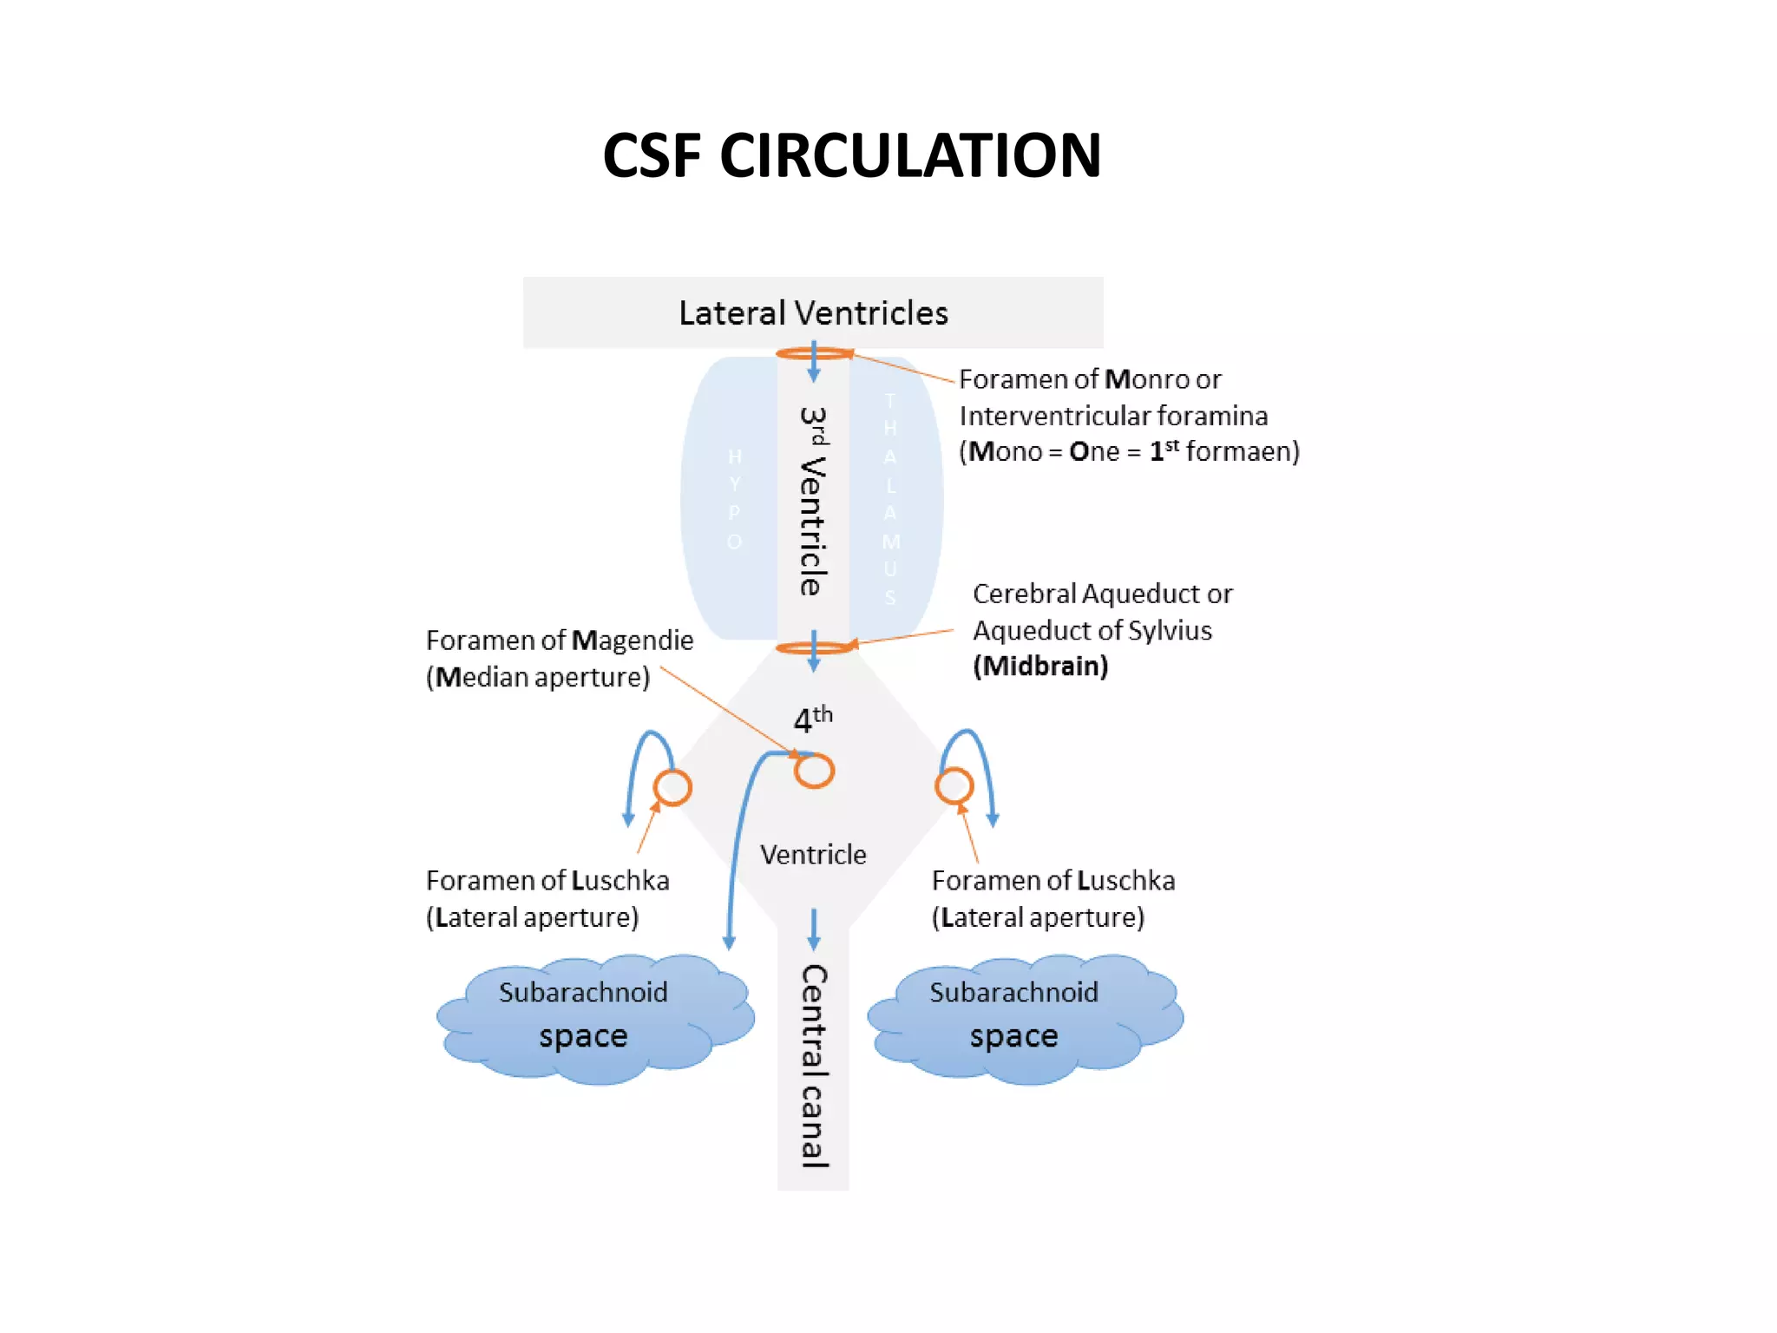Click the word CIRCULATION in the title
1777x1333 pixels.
[910, 156]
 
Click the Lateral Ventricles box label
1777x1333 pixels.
[813, 313]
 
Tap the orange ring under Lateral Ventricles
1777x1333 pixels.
[813, 353]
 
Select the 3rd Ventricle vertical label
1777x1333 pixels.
[813, 501]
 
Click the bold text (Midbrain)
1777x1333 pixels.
[1040, 666]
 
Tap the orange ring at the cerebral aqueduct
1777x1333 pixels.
[813, 648]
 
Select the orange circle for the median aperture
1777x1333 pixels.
[814, 771]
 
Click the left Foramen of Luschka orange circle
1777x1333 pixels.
[672, 788]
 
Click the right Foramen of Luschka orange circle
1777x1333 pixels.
[954, 786]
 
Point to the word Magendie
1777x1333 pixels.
[633, 640]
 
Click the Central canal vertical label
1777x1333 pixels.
[813, 1066]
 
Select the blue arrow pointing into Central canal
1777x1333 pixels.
[813, 929]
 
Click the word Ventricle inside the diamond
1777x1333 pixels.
[813, 855]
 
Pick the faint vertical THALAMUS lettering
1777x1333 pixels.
[890, 499]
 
